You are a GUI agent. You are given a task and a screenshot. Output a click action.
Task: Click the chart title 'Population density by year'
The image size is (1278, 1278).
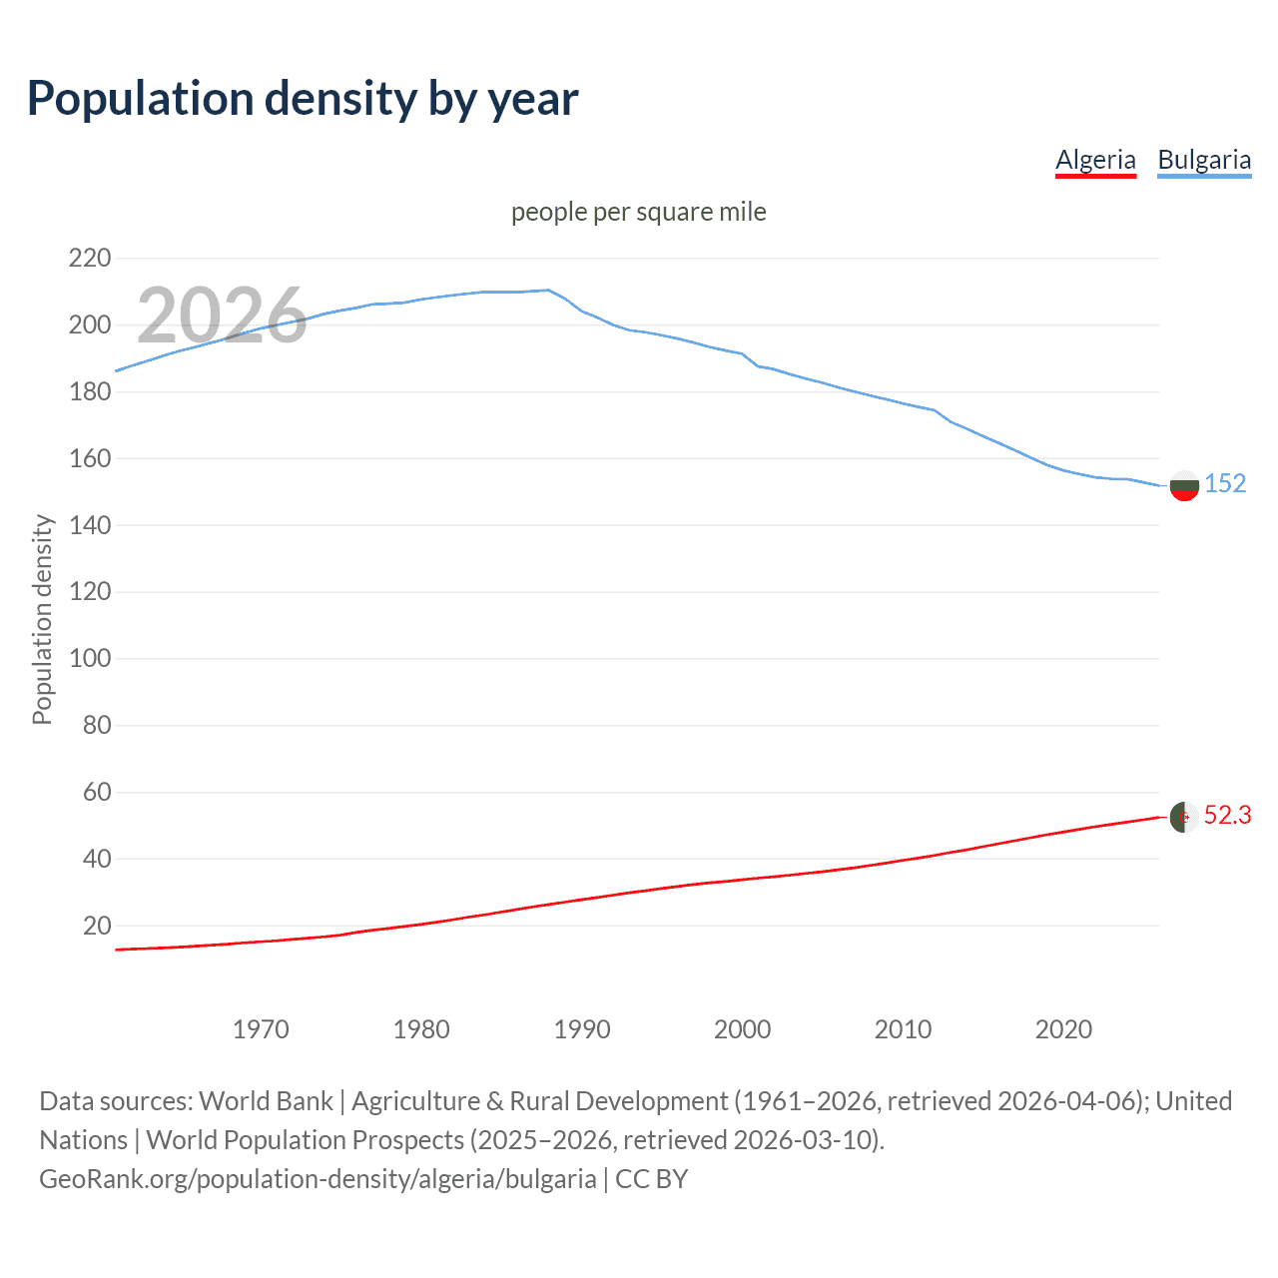pos(303,99)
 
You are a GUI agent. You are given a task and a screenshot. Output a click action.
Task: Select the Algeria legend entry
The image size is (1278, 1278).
pos(1095,160)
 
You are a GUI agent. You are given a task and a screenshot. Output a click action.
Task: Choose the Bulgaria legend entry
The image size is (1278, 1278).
pos(1204,160)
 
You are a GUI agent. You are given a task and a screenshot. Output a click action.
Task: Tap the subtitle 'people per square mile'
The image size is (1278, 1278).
pos(638,212)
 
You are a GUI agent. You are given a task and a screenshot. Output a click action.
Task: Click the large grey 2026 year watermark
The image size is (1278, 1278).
pos(222,315)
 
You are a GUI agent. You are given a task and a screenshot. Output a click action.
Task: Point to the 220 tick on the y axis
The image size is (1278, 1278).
pos(90,259)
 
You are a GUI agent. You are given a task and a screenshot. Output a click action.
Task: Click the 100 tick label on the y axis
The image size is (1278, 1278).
pos(90,659)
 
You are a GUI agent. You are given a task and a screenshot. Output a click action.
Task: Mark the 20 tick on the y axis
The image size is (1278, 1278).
pos(97,926)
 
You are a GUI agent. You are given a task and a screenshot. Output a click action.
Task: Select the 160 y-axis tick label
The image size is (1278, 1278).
pos(90,458)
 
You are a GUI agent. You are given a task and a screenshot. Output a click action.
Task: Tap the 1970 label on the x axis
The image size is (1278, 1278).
pos(261,1029)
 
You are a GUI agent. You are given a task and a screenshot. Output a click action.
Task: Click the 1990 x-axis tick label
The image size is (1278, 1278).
pos(582,1029)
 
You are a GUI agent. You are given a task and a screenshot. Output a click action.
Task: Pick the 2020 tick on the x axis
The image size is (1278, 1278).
pos(1063,1029)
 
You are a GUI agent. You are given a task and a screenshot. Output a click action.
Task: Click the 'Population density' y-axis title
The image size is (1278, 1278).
pos(42,619)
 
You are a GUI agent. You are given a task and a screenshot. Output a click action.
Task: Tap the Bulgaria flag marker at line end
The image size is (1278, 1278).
pos(1184,485)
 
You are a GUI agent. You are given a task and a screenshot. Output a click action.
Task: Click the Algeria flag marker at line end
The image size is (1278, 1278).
pos(1184,817)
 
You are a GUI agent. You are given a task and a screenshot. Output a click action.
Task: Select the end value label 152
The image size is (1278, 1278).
pos(1225,483)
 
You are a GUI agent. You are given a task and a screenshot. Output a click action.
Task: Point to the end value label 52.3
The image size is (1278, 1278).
pos(1227,816)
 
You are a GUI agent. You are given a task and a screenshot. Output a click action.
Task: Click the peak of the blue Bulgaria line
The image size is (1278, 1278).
pos(548,290)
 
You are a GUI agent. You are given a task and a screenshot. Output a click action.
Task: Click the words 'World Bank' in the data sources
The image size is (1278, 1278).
pos(266,1101)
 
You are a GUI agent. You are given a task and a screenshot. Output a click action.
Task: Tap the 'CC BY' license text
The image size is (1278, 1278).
pos(651,1179)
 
